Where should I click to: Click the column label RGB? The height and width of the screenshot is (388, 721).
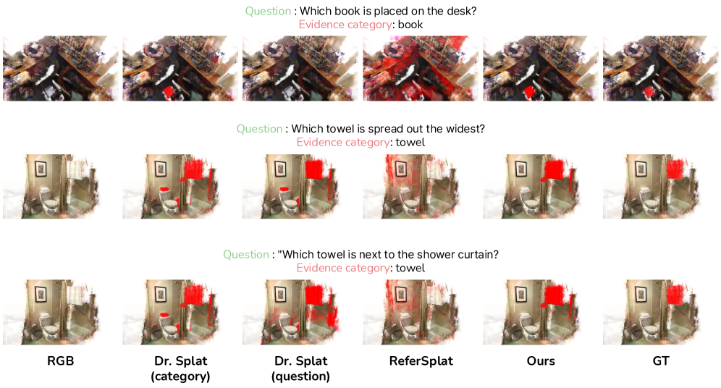click(60, 361)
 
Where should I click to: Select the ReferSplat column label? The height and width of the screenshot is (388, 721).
click(421, 361)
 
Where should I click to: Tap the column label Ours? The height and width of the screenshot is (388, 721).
click(541, 361)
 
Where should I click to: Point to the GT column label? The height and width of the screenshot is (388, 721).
click(661, 361)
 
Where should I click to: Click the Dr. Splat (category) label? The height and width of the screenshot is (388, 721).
click(181, 368)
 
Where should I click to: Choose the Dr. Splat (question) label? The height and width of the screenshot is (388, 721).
click(300, 368)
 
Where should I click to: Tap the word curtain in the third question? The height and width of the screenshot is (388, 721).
click(475, 254)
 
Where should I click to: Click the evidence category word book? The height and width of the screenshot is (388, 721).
click(410, 25)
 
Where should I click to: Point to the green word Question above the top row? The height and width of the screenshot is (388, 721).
click(268, 11)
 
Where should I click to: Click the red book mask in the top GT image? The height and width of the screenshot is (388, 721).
click(650, 92)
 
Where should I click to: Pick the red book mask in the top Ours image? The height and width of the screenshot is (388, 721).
click(530, 91)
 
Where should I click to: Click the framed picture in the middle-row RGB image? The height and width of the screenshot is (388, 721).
click(41, 169)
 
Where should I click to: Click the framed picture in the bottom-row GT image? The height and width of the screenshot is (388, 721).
click(641, 294)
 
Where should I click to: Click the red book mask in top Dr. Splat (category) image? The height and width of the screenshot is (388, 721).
click(170, 92)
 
